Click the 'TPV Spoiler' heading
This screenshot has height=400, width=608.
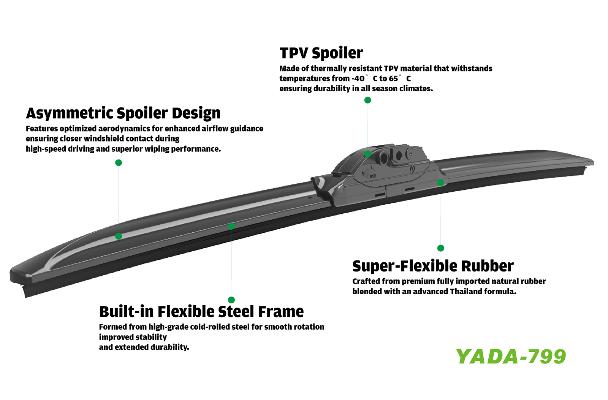point(321,53)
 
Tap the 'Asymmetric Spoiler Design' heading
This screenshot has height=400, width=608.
point(123,113)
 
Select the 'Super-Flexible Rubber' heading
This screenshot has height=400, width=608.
point(433,266)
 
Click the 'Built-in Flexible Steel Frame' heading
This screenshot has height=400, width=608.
point(201,311)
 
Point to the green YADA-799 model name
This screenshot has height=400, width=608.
point(511,356)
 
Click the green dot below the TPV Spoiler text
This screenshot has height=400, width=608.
point(367,100)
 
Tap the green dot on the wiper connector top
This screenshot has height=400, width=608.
point(367,154)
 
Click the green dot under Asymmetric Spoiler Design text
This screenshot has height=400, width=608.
point(119,163)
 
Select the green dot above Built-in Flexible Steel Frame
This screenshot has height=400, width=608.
point(231,300)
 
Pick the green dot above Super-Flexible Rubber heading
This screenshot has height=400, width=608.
point(441,248)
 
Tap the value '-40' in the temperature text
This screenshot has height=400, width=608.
point(358,79)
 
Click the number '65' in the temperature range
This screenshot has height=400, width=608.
point(393,79)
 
